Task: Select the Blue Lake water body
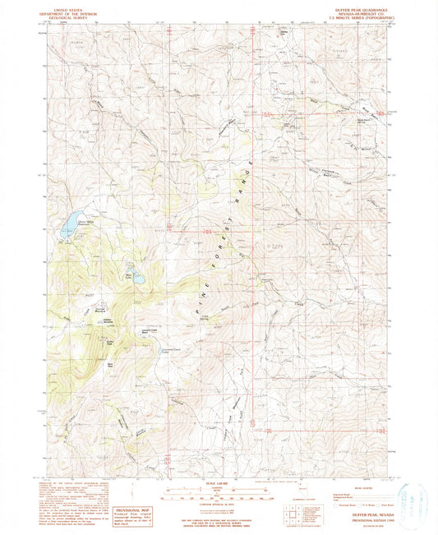pos(137,279)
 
